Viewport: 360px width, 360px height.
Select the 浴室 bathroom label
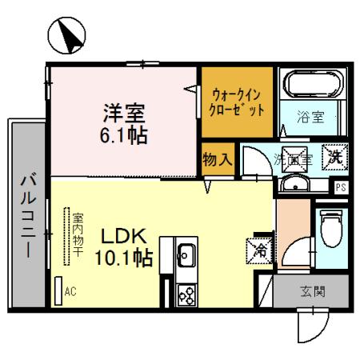click(x=311, y=118)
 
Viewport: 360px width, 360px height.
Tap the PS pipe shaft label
click(x=341, y=189)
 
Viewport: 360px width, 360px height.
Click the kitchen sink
click(x=186, y=256)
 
